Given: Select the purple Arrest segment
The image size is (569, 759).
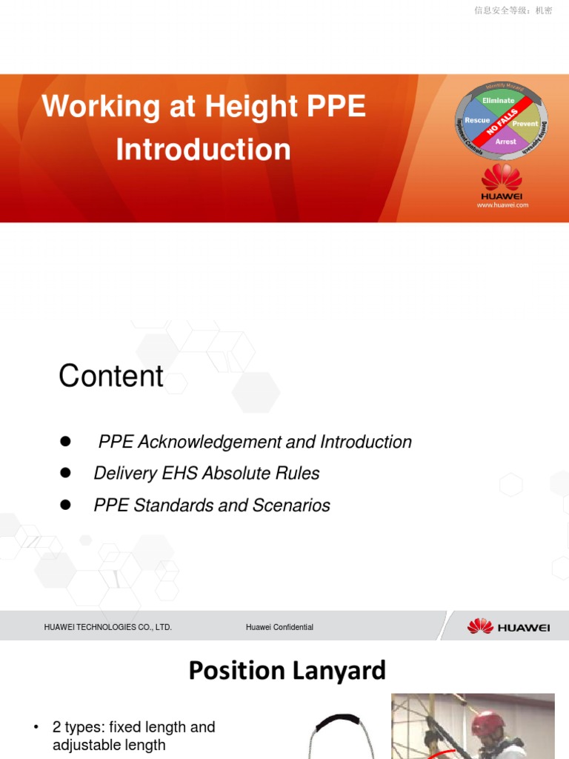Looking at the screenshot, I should [x=505, y=141].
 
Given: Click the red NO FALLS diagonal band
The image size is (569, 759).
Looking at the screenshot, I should [x=502, y=122].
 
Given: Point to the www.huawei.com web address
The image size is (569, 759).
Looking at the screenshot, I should [x=503, y=205].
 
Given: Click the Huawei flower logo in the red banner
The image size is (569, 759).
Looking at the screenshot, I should [x=502, y=178].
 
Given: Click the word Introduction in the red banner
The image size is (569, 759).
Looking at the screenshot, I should [x=203, y=150].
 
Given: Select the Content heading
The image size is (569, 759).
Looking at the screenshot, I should [x=111, y=376].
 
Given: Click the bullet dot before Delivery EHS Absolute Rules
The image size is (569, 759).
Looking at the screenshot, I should [x=65, y=473].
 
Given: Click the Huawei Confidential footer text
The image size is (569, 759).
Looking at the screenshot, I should [x=279, y=627].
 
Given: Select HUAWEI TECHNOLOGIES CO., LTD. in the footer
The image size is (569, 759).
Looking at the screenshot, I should [x=107, y=627].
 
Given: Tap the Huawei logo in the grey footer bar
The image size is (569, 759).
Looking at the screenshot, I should [x=508, y=626].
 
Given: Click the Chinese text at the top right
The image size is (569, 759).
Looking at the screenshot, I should [x=513, y=10].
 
